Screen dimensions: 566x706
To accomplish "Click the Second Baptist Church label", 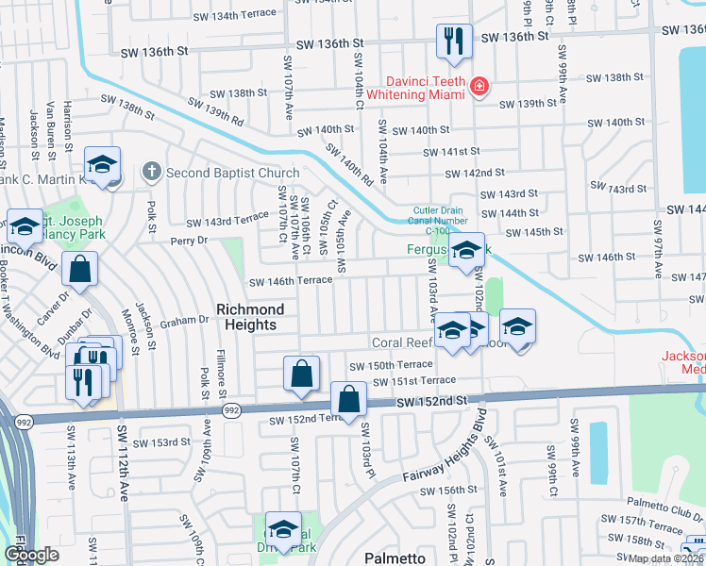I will click(232, 173).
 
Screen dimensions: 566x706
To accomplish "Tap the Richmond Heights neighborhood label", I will click(250, 317).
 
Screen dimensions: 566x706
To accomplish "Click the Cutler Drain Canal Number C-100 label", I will click(439, 221).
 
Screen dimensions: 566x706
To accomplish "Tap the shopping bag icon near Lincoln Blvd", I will click(81, 269).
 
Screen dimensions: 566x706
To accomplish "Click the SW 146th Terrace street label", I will click(290, 281).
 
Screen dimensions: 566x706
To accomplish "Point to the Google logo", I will click(31, 556).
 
